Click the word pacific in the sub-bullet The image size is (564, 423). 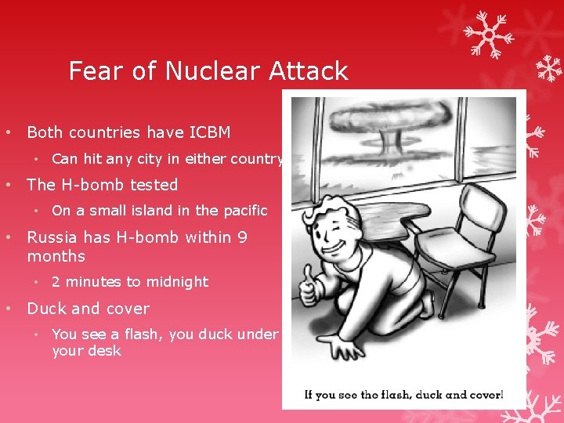(x=243, y=211)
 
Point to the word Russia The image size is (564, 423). (x=54, y=237)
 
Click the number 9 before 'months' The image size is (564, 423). (x=243, y=237)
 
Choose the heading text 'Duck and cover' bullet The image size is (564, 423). (x=88, y=309)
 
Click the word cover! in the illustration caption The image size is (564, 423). (x=484, y=394)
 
